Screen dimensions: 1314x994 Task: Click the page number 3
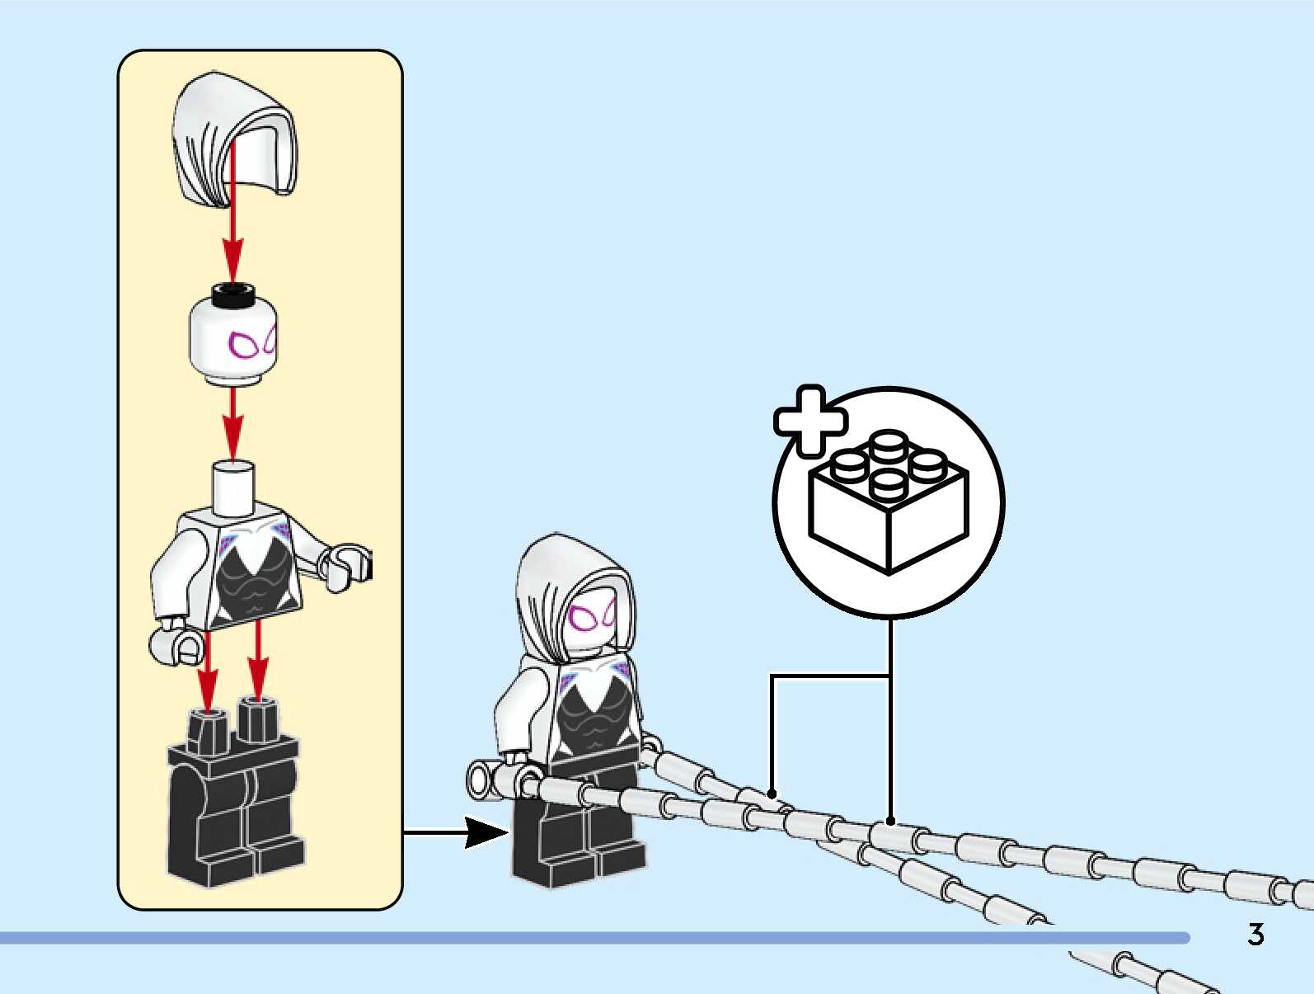click(x=1255, y=935)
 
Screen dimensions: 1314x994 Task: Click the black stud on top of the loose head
click(x=233, y=293)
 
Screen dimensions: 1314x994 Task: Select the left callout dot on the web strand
click(x=772, y=794)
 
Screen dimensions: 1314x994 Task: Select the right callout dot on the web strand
click(x=890, y=821)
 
